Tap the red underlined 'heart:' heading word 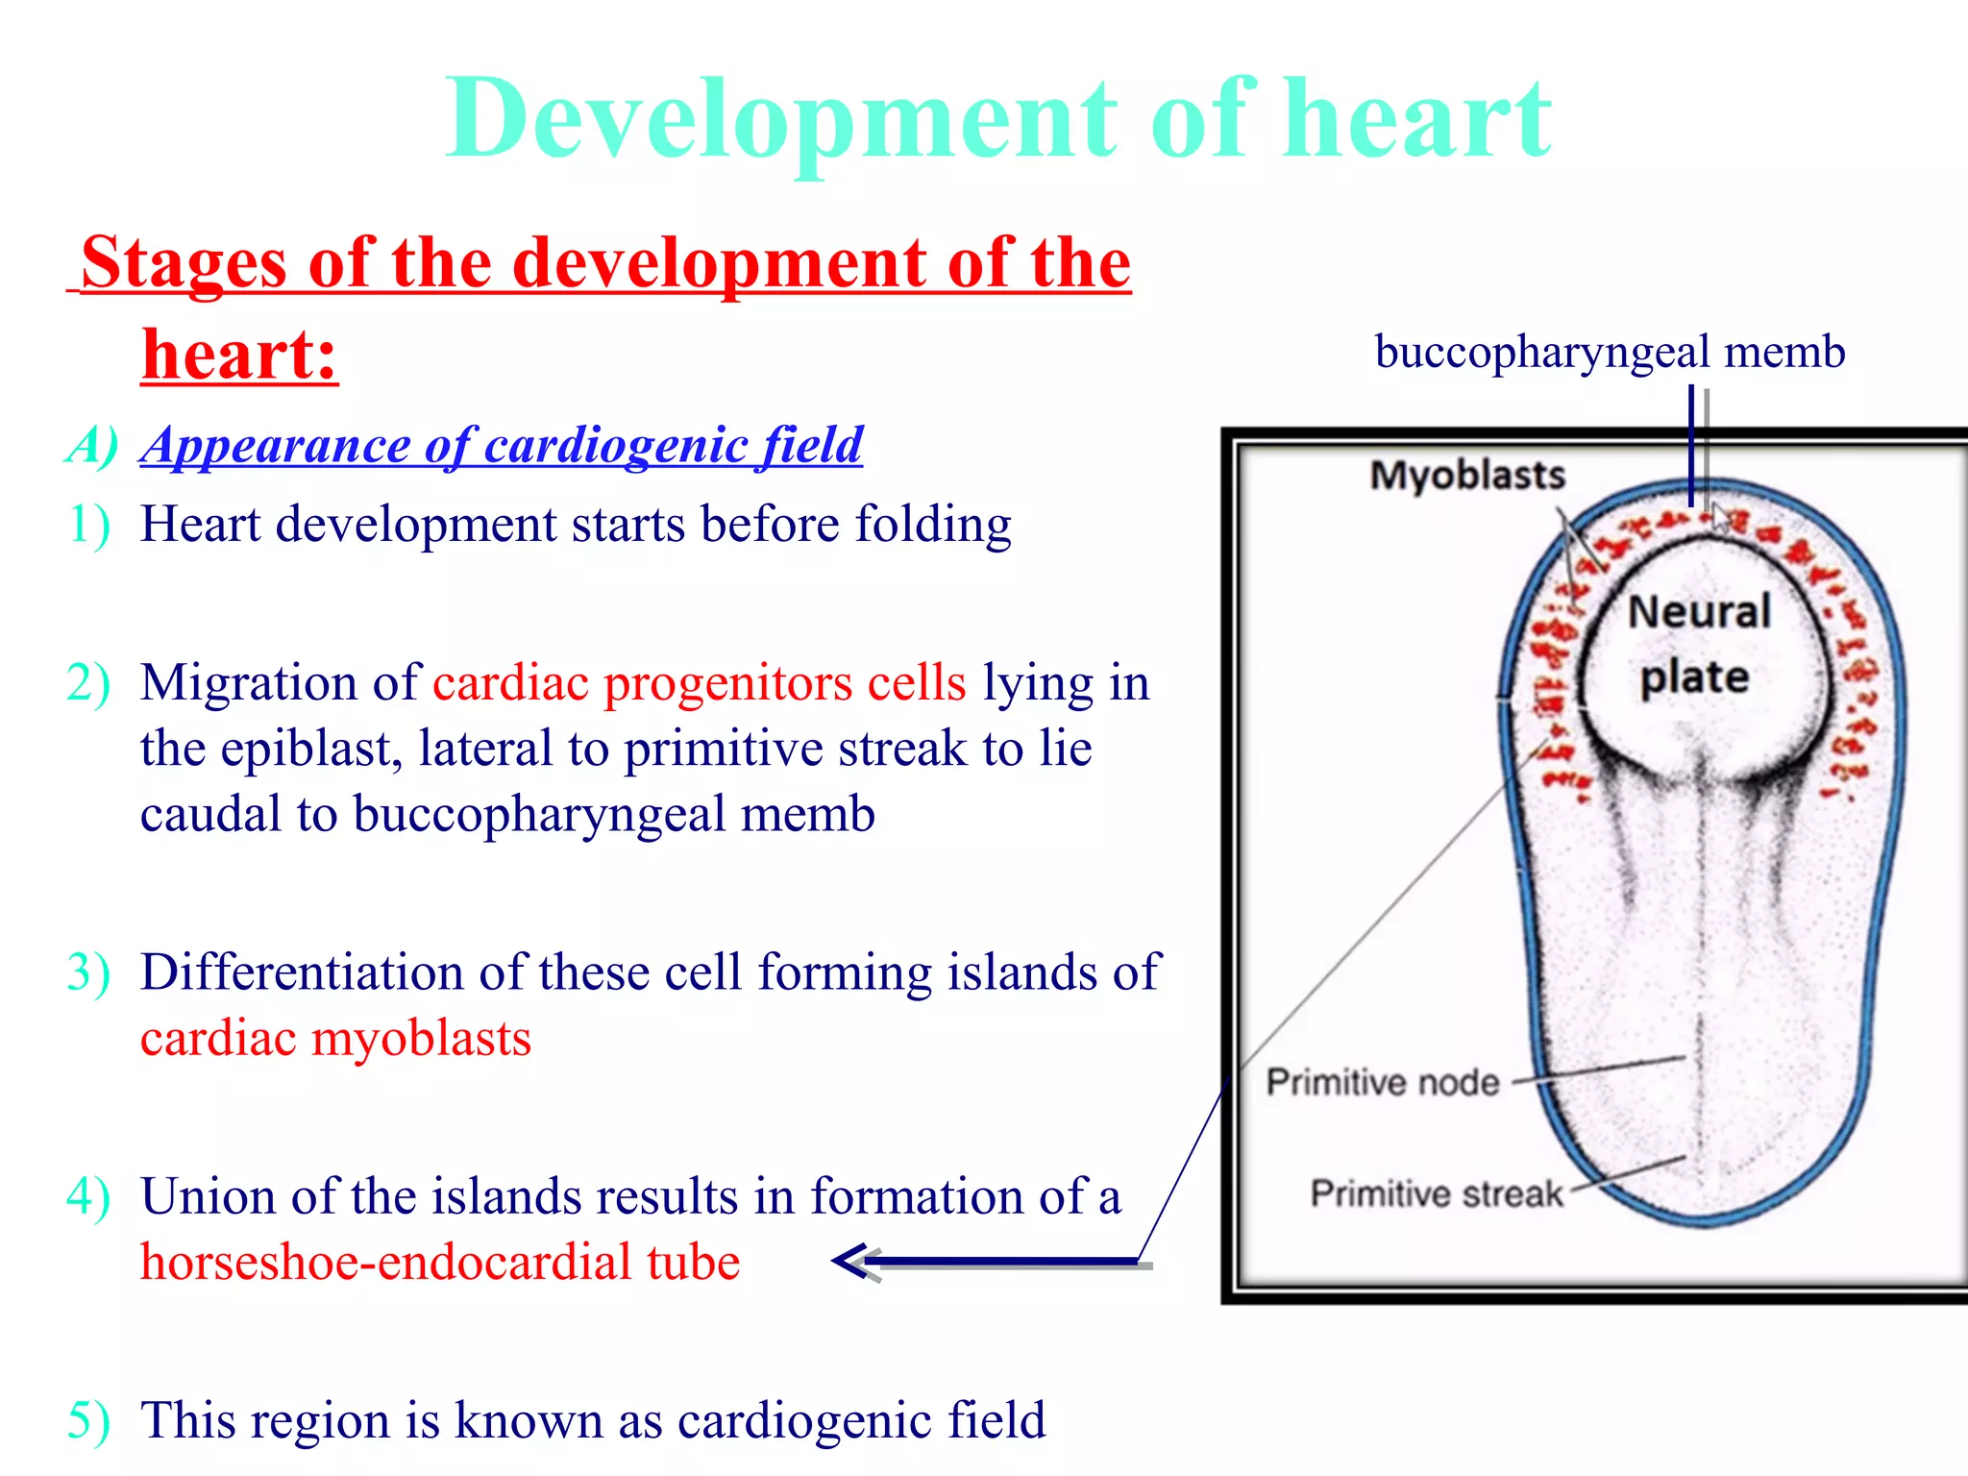pos(239,355)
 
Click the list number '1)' pos(88,525)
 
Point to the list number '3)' pos(88,972)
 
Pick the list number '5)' pos(88,1420)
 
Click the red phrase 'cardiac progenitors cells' pos(699,683)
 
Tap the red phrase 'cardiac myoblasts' pos(335,1039)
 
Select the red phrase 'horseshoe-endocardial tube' pos(440,1262)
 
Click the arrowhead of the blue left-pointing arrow pos(849,1261)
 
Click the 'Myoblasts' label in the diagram pos(1466,476)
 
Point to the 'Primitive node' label pos(1382,1083)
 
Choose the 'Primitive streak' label pos(1436,1193)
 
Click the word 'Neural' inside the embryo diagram pos(1699,612)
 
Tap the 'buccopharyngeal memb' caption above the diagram pos(1610,352)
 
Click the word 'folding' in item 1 pos(932,525)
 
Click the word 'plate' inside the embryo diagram pos(1694,677)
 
